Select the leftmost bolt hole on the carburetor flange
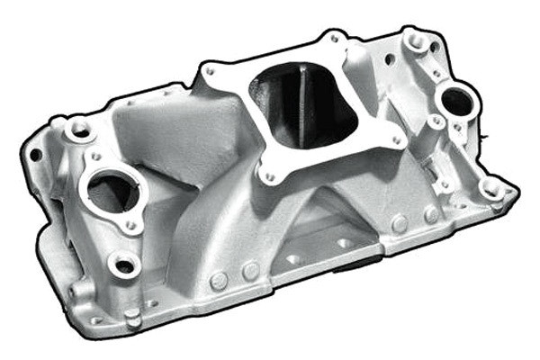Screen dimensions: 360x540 [x=209, y=71]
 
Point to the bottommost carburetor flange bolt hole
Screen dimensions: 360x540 [x=267, y=176]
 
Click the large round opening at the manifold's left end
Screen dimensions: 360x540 [x=112, y=189]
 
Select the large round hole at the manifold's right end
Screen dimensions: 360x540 [x=456, y=103]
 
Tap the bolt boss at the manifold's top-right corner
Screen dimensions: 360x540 [x=417, y=40]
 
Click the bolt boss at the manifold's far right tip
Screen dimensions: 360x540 [x=491, y=187]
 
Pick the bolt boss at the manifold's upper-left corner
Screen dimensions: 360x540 [x=77, y=128]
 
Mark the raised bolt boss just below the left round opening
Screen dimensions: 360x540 [x=123, y=264]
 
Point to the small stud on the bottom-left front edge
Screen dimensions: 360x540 [x=132, y=316]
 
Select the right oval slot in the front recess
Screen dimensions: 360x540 [x=345, y=243]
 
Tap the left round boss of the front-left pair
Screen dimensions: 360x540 [x=218, y=281]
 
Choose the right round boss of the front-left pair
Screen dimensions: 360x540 [x=250, y=271]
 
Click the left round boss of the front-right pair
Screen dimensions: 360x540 [x=400, y=222]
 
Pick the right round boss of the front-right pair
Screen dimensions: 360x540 [x=431, y=214]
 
